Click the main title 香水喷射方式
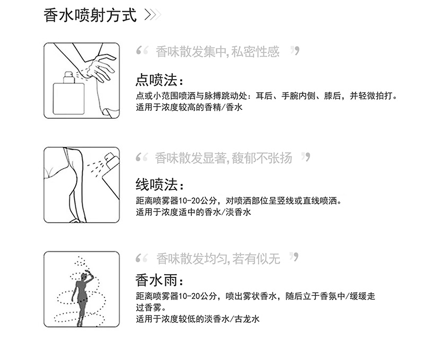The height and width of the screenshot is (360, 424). pyautogui.click(x=90, y=15)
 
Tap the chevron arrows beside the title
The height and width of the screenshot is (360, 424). pyautogui.click(x=153, y=15)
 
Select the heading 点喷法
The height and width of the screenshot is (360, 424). pyautogui.click(x=160, y=80)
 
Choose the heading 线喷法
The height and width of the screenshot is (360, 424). pyautogui.click(x=160, y=185)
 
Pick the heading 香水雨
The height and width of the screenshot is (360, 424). pyautogui.click(x=160, y=280)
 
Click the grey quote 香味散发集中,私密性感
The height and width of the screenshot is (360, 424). pyautogui.click(x=217, y=51)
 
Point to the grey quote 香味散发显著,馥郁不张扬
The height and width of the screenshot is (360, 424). pyautogui.click(x=223, y=158)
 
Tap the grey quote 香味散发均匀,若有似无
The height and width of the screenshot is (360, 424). pyautogui.click(x=218, y=259)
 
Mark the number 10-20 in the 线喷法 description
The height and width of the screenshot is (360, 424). pyautogui.click(x=190, y=201)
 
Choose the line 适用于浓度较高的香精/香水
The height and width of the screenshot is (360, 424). pyautogui.click(x=189, y=107)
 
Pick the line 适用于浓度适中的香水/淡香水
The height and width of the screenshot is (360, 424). pyautogui.click(x=193, y=212)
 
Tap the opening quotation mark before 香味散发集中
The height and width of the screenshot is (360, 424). pyautogui.click(x=142, y=50)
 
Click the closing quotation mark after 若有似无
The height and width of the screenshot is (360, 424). pyautogui.click(x=294, y=257)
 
